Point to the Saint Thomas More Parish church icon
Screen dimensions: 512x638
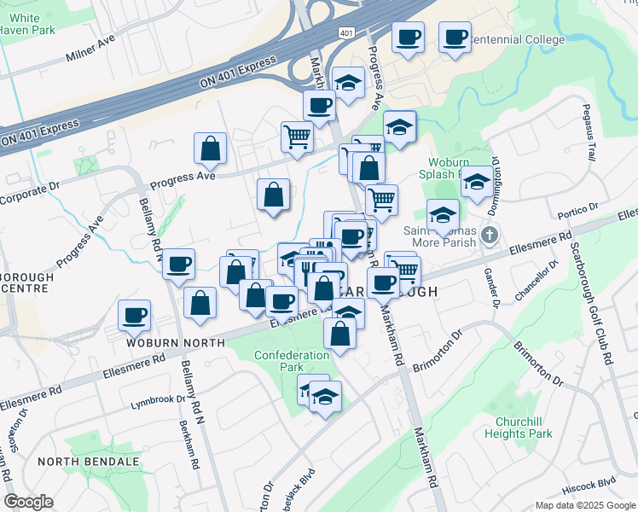click(x=489, y=234)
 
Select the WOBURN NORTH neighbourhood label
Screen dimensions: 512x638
click(x=176, y=342)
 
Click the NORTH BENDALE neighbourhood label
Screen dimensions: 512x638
click(x=88, y=462)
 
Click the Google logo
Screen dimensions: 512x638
click(x=29, y=502)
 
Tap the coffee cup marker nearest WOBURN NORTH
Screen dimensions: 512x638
click(x=135, y=316)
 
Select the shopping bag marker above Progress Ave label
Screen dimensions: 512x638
click(x=210, y=149)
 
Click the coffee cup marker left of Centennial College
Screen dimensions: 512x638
click(x=407, y=38)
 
